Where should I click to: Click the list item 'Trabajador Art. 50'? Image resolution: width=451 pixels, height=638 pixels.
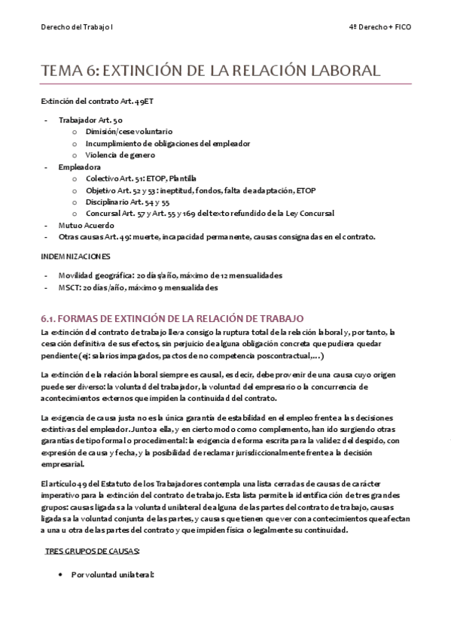pyautogui.click(x=84, y=120)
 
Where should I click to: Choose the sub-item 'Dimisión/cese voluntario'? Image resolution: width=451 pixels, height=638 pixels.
pyautogui.click(x=129, y=131)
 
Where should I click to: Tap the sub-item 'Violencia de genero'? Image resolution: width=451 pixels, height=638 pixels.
pyautogui.click(x=120, y=155)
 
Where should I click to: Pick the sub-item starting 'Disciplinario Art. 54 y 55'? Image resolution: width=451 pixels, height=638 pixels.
pyautogui.click(x=128, y=202)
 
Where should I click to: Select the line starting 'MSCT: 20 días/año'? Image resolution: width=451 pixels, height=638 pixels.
pyautogui.click(x=139, y=287)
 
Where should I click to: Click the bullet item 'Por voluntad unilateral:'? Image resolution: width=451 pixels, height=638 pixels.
pyautogui.click(x=112, y=574)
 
